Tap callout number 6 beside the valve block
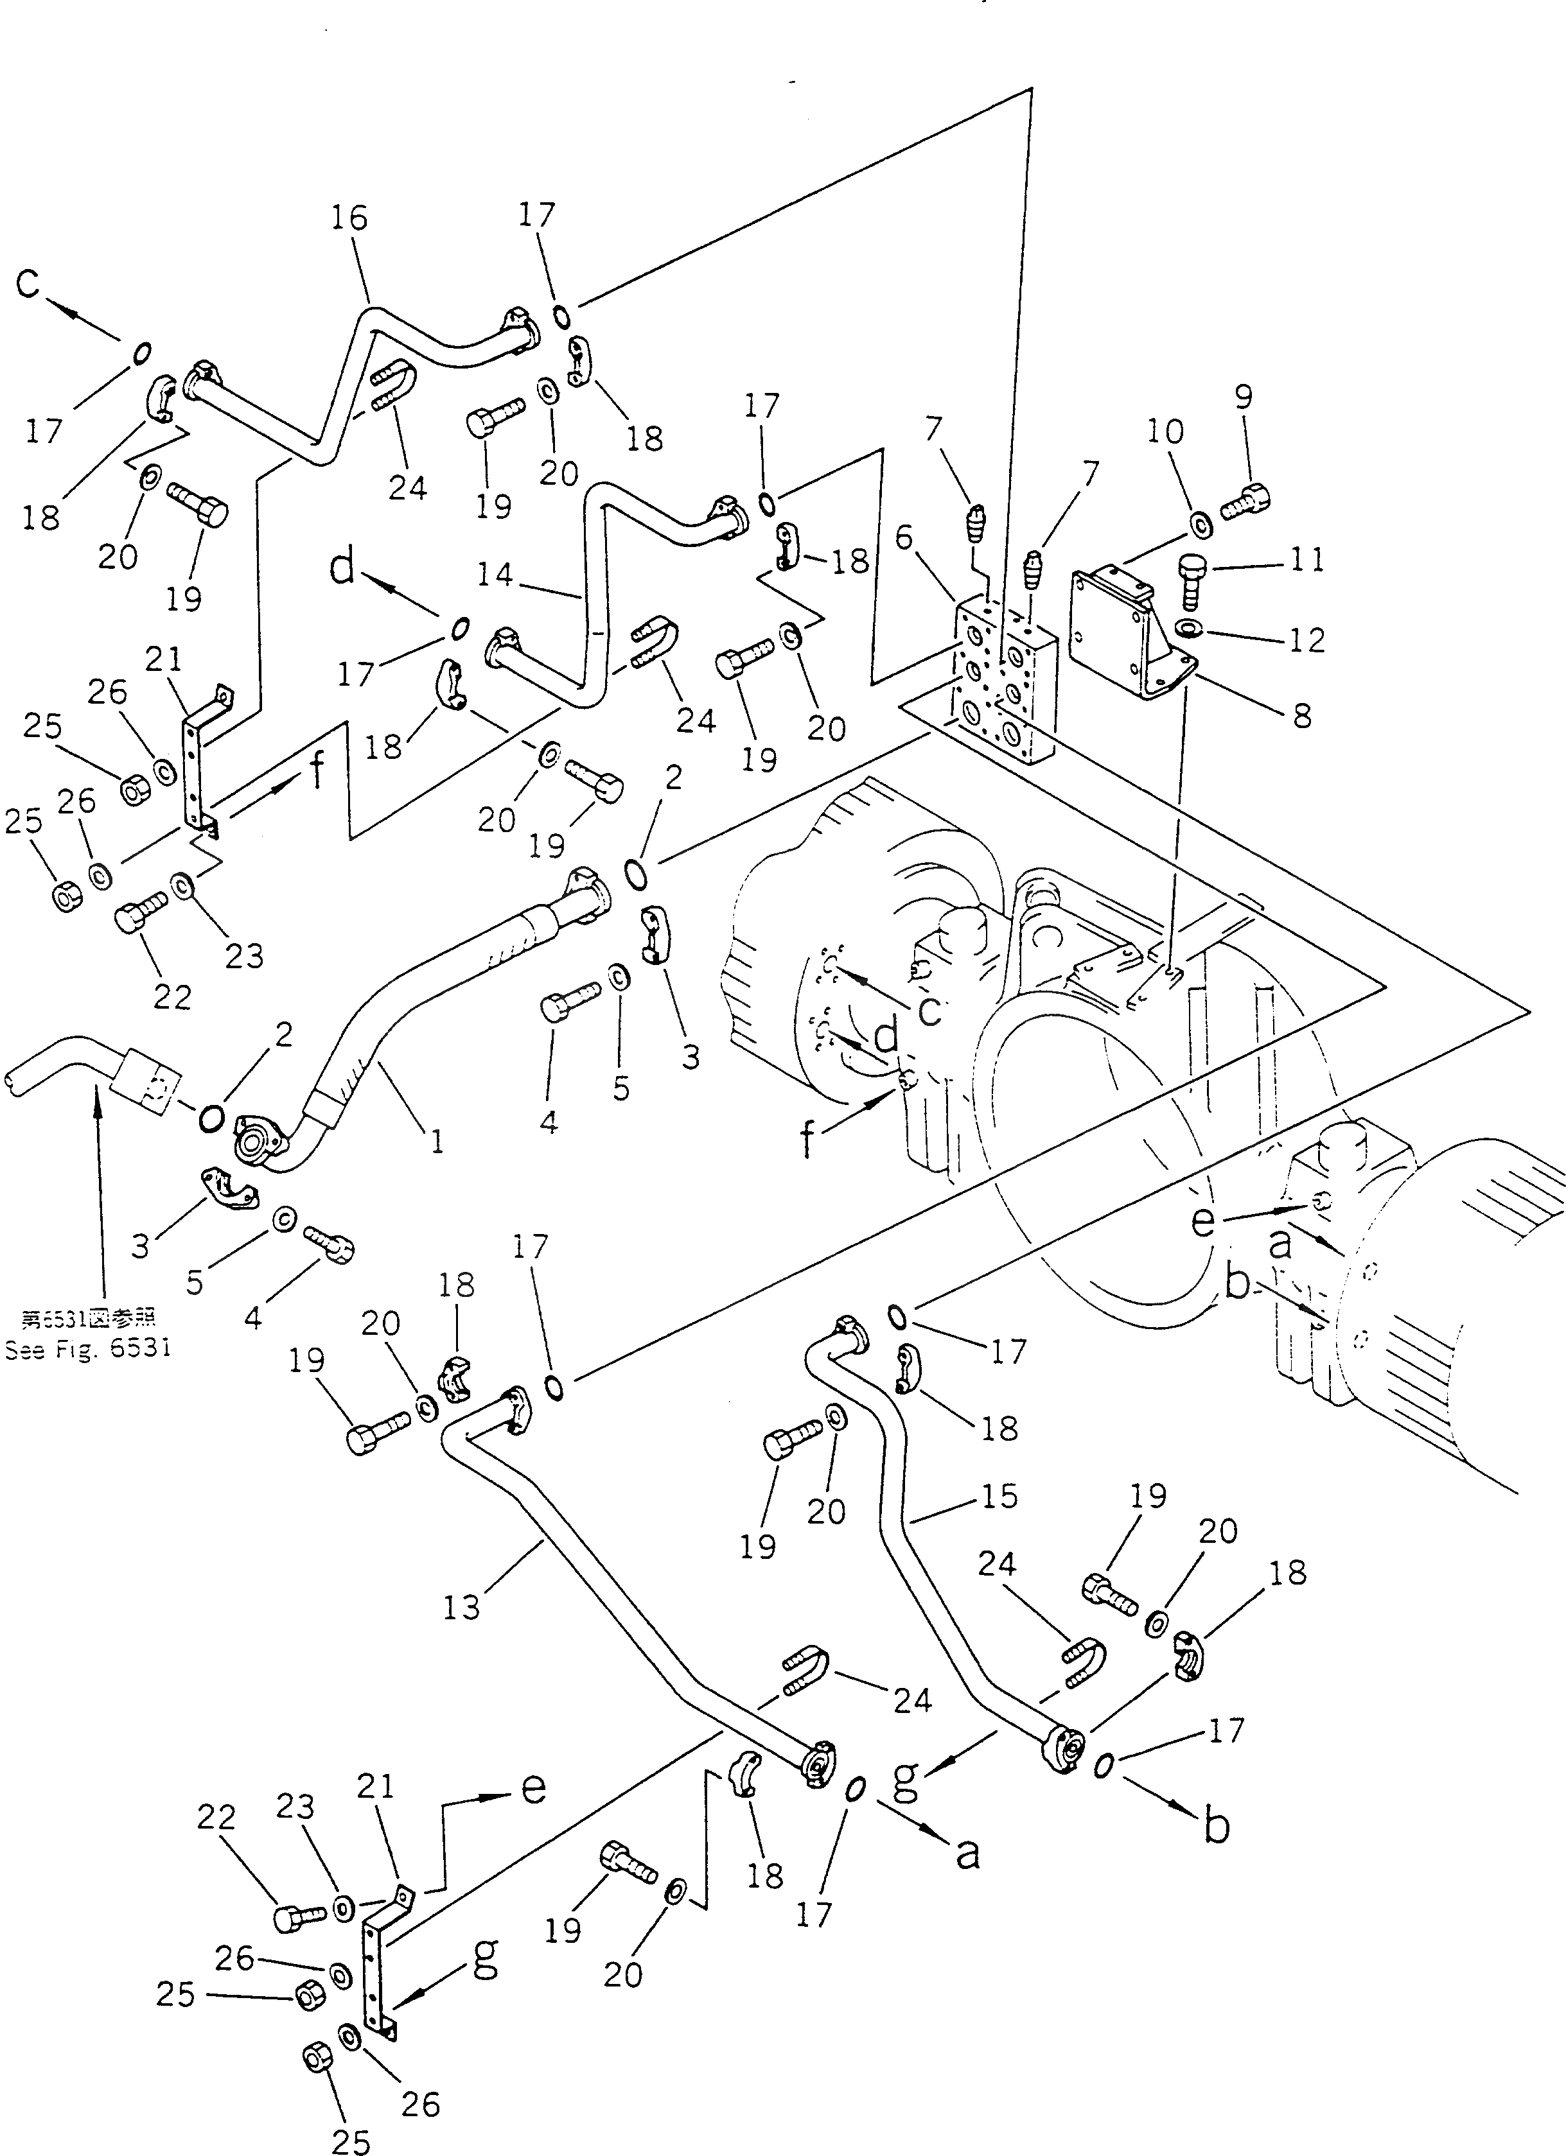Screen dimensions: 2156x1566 (903, 538)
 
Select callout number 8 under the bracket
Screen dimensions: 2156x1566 (1303, 714)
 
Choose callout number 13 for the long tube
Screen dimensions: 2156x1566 (461, 1608)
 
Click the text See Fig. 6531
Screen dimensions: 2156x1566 (87, 1349)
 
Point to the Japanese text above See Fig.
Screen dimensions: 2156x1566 (87, 1319)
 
